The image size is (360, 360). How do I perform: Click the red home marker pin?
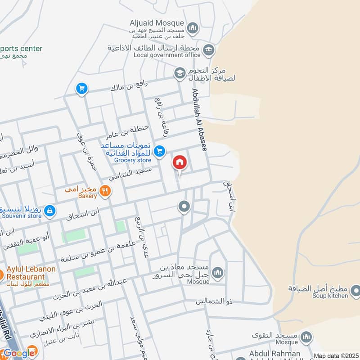tap(180, 162)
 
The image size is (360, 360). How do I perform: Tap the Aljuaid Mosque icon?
tap(193, 28)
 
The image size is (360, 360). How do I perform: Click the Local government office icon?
tap(208, 49)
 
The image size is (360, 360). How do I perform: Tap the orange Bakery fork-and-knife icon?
tap(105, 191)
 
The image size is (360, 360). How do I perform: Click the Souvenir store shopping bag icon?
tap(50, 210)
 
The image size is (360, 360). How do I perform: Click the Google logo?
tap(19, 353)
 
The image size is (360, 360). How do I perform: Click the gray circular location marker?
tap(184, 207)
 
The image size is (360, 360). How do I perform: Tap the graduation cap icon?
tap(180, 73)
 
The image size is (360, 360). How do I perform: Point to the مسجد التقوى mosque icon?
tap(306, 337)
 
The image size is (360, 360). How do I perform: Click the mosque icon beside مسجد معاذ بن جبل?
tap(217, 273)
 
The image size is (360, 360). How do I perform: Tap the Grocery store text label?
tap(132, 160)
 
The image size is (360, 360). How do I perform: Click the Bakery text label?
tap(87, 196)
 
